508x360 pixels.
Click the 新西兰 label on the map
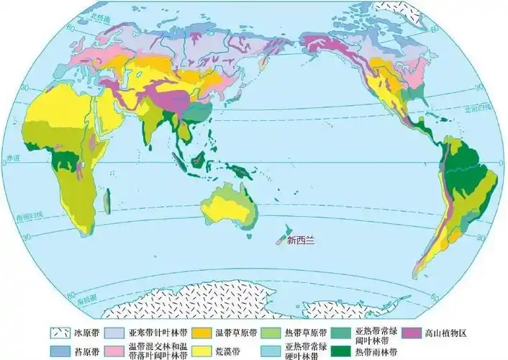[300, 241]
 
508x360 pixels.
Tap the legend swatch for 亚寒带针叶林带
[114, 333]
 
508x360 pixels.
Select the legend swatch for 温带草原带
[204, 333]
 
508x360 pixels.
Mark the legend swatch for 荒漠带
[204, 351]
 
